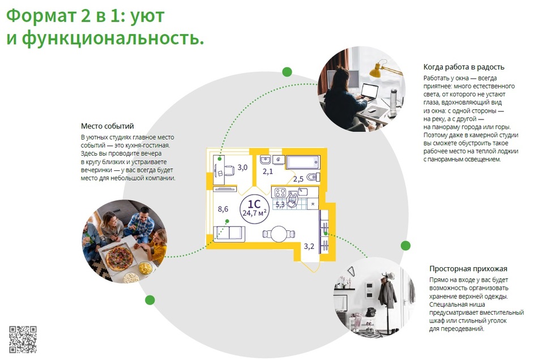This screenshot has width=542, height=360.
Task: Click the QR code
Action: [23, 339]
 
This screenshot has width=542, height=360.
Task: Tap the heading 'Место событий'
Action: [107, 126]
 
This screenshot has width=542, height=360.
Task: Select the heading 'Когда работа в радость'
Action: [464, 67]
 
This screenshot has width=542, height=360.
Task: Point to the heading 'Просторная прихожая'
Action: [468, 269]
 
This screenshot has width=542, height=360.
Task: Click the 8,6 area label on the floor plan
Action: [223, 209]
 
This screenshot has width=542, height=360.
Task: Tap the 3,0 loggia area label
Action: [242, 168]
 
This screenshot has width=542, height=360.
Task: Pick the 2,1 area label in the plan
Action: [267, 172]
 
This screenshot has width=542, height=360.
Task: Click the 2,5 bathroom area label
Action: [298, 179]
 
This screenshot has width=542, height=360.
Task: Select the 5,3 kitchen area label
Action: [280, 205]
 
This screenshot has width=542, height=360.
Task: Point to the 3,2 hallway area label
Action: [309, 246]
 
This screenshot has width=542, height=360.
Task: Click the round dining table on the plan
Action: [279, 234]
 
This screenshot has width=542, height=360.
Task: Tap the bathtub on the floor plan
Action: [303, 162]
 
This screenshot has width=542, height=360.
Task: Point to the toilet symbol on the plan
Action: [313, 177]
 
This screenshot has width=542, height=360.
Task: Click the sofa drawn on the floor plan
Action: [229, 234]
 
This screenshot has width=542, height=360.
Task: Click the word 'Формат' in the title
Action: [41, 16]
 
